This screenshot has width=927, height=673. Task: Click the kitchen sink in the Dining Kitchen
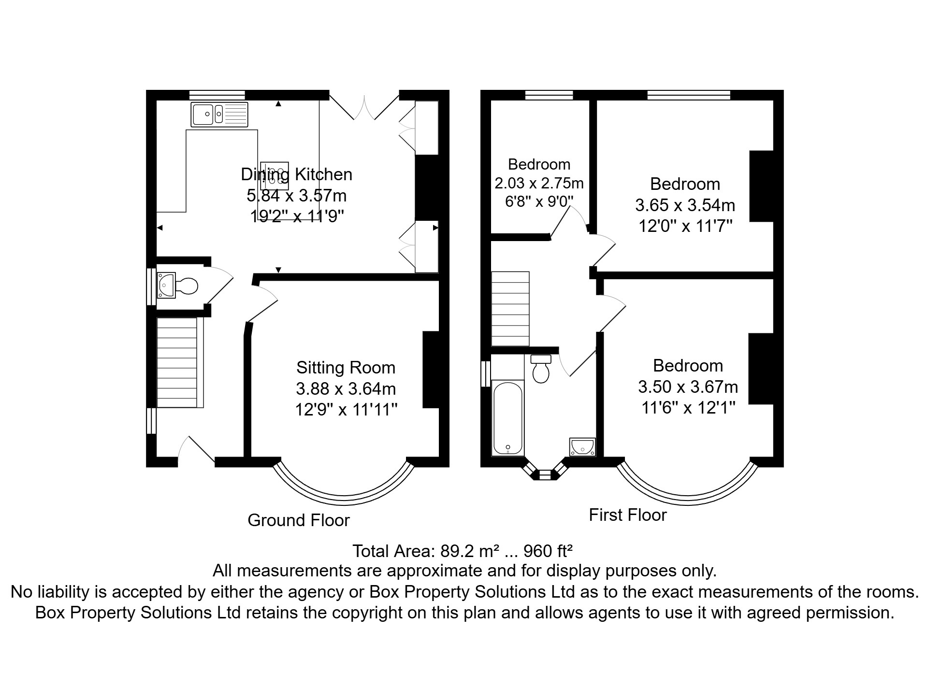219,115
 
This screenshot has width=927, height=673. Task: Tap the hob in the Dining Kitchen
275,176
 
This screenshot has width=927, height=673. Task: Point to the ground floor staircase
177,362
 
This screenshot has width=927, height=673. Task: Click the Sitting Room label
346,368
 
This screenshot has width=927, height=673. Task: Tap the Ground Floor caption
299,520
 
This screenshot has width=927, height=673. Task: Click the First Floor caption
627,515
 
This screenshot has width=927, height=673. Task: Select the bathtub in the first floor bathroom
507,417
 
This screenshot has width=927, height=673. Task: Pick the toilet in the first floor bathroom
541,369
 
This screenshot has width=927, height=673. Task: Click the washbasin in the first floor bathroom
582,447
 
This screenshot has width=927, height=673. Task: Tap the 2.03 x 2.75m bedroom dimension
539,184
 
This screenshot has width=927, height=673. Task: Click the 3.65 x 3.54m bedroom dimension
685,205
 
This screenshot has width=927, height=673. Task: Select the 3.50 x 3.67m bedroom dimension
688,387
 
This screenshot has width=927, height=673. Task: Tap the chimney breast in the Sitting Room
430,370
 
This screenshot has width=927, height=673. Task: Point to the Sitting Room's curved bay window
344,495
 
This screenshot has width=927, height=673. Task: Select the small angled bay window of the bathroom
545,474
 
